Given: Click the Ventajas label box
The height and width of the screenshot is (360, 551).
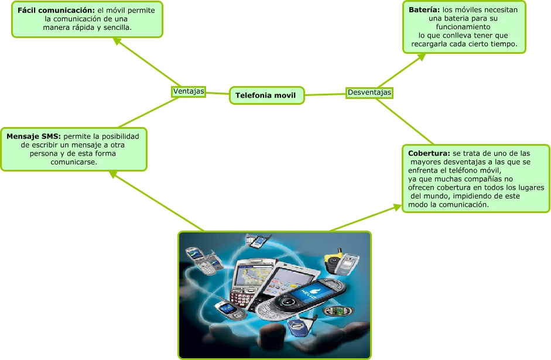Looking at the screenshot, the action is point(189,91).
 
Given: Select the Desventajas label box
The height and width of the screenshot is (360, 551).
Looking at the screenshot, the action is point(369,92).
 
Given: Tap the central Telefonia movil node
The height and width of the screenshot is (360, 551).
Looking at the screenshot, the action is point(266,95).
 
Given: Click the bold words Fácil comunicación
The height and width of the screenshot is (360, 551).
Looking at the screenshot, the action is point(56,11).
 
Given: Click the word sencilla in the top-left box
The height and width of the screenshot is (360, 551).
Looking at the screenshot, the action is point(116,27).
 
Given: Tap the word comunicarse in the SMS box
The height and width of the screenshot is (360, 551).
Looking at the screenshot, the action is point(74,162).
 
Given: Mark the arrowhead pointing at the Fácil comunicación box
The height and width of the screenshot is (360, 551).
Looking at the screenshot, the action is point(117,42).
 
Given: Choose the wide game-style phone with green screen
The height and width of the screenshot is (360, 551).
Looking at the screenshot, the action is point(338,310).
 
